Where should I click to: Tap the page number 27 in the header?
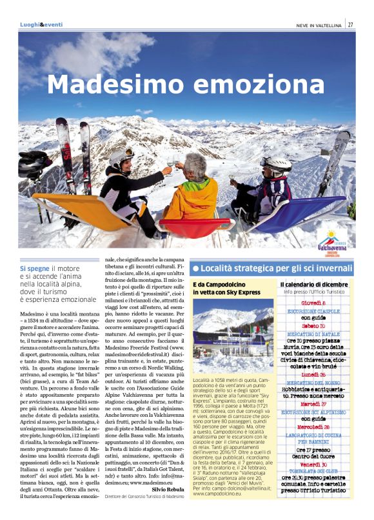click(x=350, y=25)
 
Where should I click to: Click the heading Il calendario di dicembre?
click(x=313, y=285)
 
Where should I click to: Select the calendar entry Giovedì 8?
click(x=313, y=302)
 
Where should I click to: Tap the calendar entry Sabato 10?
click(x=313, y=325)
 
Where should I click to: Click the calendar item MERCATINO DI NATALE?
click(x=313, y=333)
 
